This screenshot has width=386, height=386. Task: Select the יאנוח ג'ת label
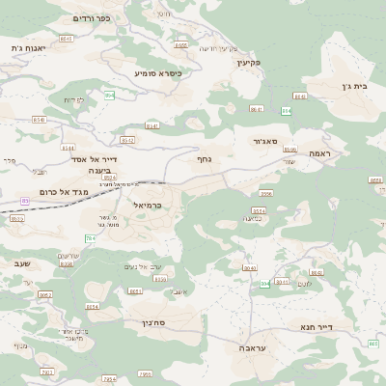[x=28, y=47]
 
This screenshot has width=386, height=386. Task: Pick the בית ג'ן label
[x=356, y=86]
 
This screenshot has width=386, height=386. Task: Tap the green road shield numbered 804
[x=264, y=284]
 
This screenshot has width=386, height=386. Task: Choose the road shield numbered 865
[x=373, y=344]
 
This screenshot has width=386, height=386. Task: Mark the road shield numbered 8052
[x=45, y=295]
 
